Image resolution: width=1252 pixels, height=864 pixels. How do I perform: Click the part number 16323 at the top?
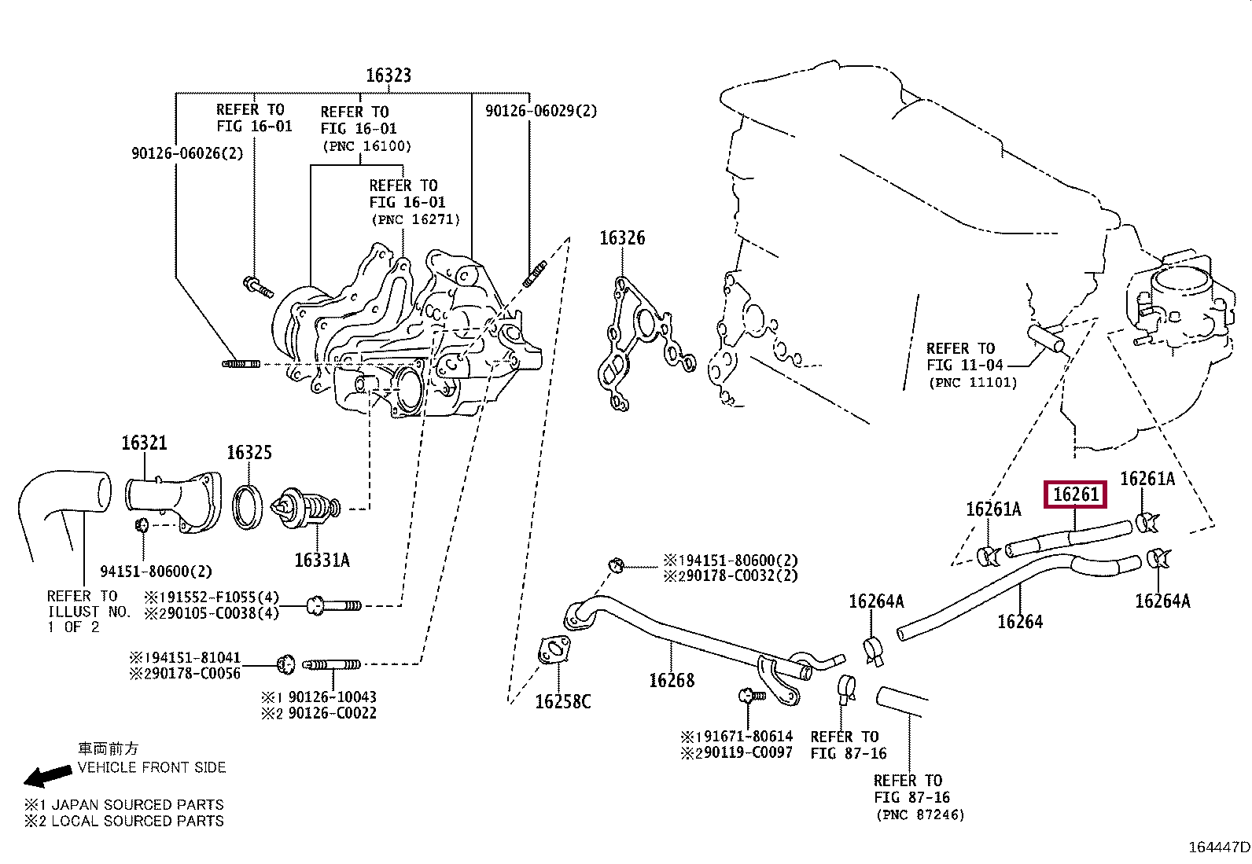[x=388, y=75]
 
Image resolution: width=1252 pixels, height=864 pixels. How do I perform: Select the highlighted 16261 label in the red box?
[x=1075, y=494]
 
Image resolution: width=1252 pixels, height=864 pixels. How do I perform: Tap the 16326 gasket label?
[x=622, y=238]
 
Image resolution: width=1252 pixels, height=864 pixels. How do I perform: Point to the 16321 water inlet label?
[x=144, y=443]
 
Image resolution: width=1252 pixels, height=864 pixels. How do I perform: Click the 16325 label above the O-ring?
[x=249, y=452]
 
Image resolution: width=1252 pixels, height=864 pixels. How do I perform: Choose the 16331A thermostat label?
[x=322, y=560]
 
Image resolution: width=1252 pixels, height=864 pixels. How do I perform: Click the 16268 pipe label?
[x=672, y=680]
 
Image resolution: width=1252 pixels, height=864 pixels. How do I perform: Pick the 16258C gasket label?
[x=563, y=701]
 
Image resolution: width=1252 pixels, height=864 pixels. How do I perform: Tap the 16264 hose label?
[x=1020, y=621]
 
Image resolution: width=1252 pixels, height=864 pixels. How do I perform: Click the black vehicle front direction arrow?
[x=47, y=776]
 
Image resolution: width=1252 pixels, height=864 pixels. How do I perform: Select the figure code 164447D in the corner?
[x=1219, y=847]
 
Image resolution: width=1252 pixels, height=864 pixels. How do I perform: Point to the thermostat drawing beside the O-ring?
[x=305, y=508]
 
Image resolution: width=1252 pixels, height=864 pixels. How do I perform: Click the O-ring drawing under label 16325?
[x=248, y=507]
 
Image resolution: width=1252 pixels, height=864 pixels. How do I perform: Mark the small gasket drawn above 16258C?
[x=554, y=650]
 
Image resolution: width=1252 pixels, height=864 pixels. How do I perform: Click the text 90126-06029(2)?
[x=541, y=111]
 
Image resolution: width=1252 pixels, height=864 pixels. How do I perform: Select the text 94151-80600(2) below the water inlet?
[x=156, y=572]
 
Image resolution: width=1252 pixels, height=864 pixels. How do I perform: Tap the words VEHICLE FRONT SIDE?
[x=152, y=767]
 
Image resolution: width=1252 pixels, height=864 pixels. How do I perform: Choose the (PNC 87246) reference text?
[x=921, y=814]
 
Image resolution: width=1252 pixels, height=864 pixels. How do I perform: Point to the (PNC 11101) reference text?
[x=973, y=383]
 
